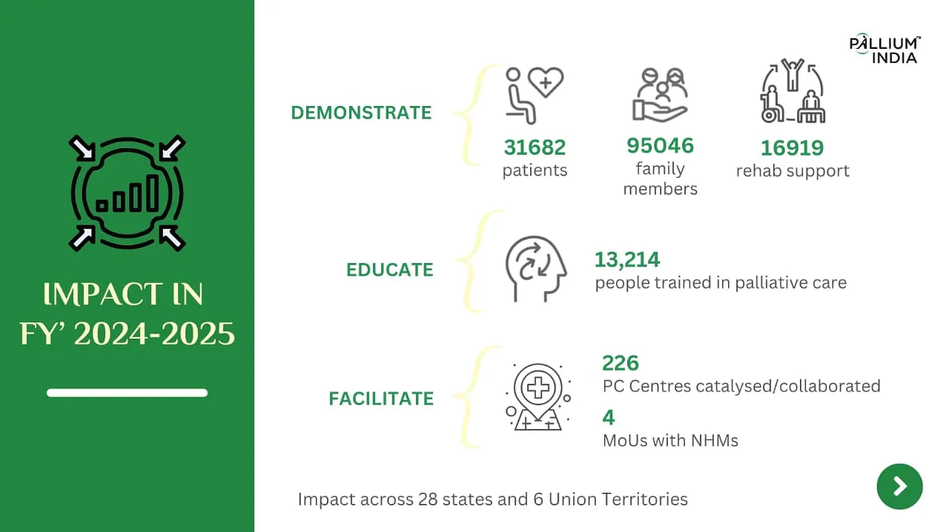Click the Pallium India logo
tap(884, 49)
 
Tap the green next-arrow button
tap(900, 486)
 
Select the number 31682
tap(535, 147)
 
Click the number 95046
tap(660, 146)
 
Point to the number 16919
tap(793, 148)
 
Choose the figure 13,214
tap(627, 259)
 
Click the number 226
tap(621, 363)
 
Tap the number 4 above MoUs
tap(609, 418)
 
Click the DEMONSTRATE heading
tap(361, 113)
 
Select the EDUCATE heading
tap(390, 270)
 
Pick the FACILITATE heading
tap(381, 399)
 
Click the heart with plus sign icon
tap(546, 82)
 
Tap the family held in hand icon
tap(660, 95)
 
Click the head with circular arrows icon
tap(536, 269)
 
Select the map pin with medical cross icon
tap(538, 397)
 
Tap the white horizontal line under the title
tap(127, 393)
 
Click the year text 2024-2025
tap(154, 333)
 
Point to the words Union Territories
tap(618, 499)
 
